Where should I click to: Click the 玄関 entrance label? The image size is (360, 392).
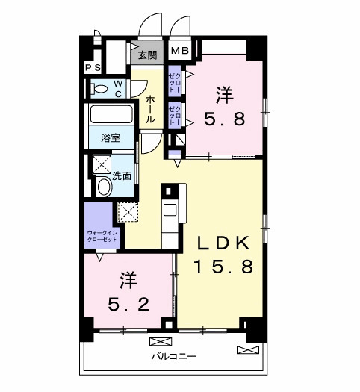pos(148,55)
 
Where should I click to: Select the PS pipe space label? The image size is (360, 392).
pos(93,68)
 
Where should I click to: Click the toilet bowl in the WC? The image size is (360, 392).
pos(99,89)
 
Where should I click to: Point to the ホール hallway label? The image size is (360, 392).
pos(150,109)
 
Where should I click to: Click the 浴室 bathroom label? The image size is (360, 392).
pos(111,138)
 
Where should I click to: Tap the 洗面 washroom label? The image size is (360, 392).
pos(122,176)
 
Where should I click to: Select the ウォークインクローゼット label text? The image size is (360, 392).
pos(102,236)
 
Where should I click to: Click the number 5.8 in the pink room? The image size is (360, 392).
pos(224,119)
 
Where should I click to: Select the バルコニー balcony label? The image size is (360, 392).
pos(174,357)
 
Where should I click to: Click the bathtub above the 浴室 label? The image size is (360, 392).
pos(111,116)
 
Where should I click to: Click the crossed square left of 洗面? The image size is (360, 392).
pos(101,165)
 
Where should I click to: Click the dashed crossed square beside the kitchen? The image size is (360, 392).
pos(128,212)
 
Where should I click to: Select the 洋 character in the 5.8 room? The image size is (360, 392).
pos(224,95)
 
